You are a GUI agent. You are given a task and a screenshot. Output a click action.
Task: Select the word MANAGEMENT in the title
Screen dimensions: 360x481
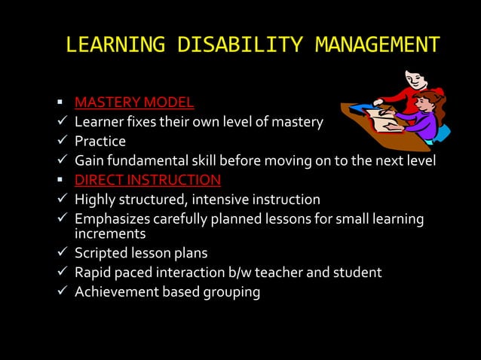pyautogui.click(x=376, y=45)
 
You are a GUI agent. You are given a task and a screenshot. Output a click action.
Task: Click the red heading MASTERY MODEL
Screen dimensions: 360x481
pyautogui.click(x=133, y=102)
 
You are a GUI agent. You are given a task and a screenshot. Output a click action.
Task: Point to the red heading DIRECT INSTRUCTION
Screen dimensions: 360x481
pyautogui.click(x=147, y=180)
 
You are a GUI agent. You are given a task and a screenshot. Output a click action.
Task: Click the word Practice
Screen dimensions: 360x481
pyautogui.click(x=100, y=141)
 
